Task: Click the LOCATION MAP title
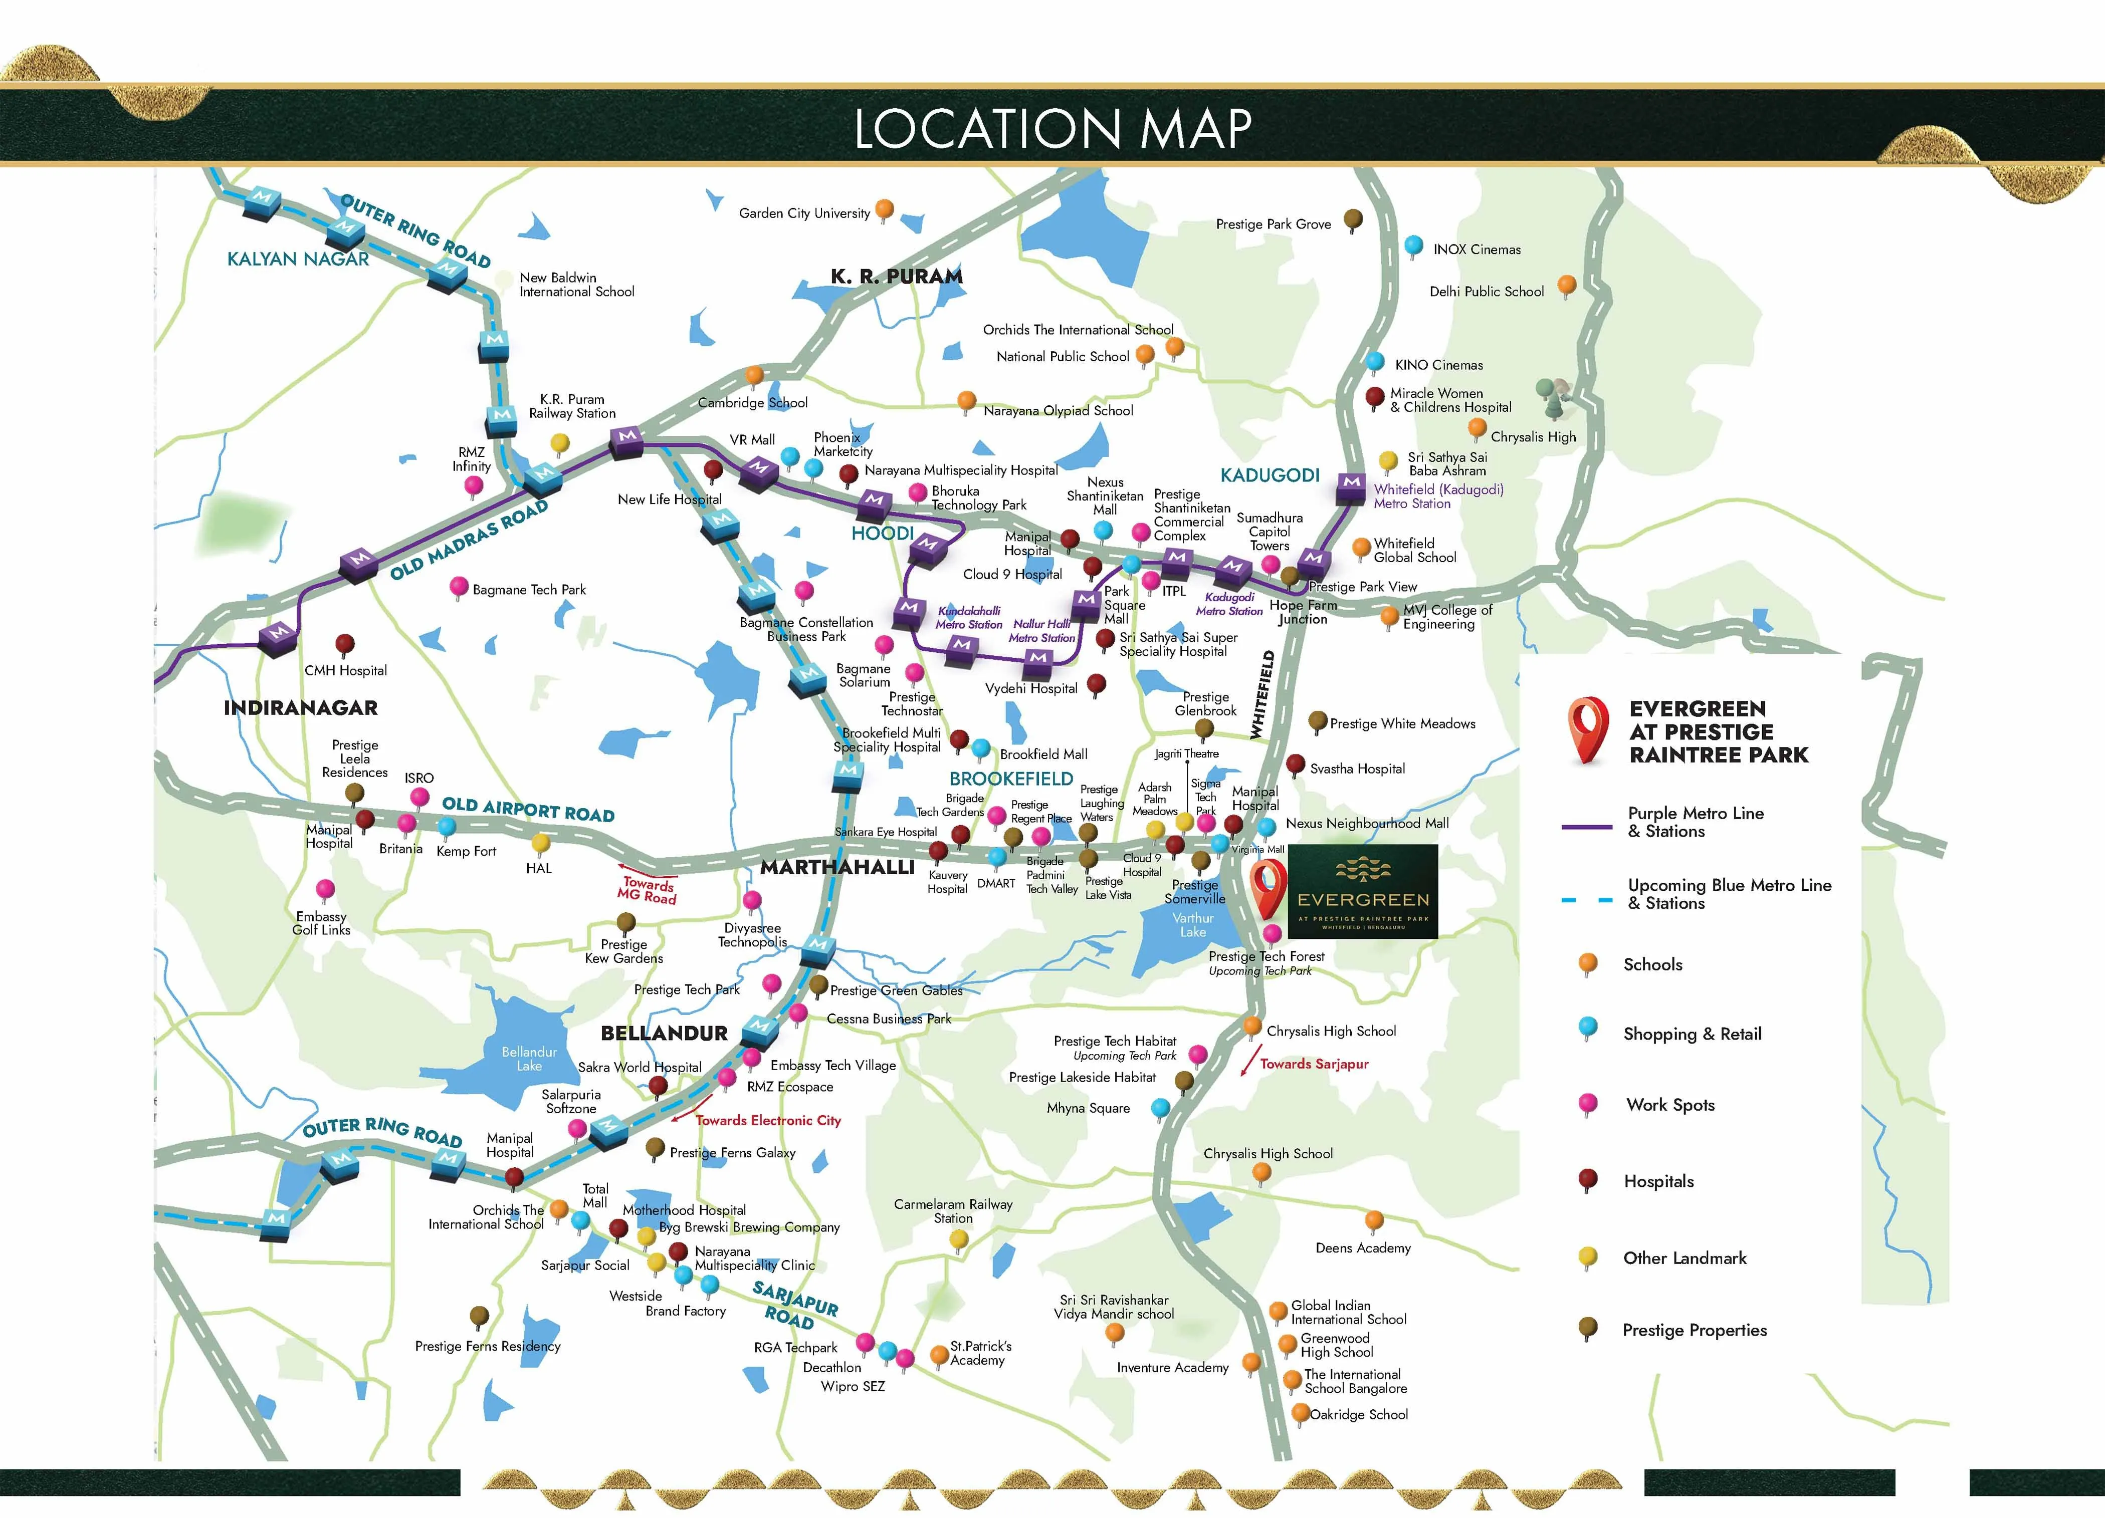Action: point(1052,128)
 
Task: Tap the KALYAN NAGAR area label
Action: point(298,259)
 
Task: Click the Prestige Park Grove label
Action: point(1274,224)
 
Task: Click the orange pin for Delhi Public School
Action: point(1567,285)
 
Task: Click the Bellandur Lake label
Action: point(529,1059)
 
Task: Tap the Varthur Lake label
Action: point(1193,925)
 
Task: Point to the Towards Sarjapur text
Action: point(1314,1064)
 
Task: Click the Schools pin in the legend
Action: point(1588,963)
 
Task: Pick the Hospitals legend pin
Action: point(1588,1179)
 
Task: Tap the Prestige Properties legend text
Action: point(1695,1331)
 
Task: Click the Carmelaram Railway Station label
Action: point(953,1211)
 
